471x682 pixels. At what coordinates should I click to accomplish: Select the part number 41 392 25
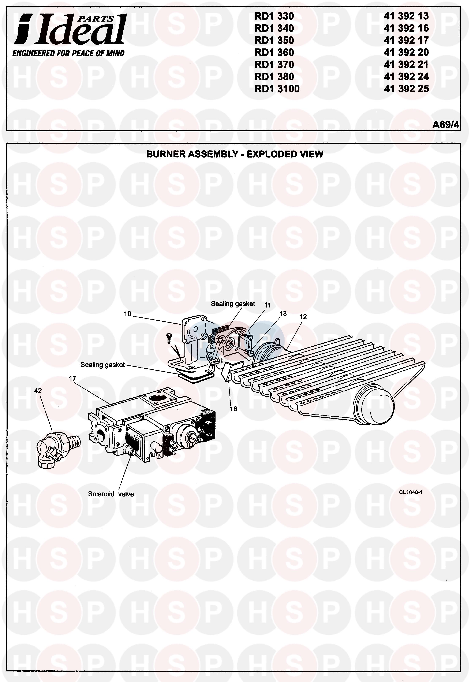coord(406,89)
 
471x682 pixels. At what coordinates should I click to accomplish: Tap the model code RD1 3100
coord(277,89)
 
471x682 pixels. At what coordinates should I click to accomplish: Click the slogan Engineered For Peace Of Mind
coord(68,54)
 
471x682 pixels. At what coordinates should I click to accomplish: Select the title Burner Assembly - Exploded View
coord(235,154)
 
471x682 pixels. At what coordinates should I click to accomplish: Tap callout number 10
coord(127,314)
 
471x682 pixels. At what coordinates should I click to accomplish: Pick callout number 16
coord(233,409)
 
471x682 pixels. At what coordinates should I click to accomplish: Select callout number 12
coord(303,317)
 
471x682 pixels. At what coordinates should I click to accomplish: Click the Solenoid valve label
coord(111,494)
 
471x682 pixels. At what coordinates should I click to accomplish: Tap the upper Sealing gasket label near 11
coord(233,304)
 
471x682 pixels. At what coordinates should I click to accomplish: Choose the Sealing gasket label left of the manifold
coord(102,365)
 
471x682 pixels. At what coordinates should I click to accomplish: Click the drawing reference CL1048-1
coord(411,492)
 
